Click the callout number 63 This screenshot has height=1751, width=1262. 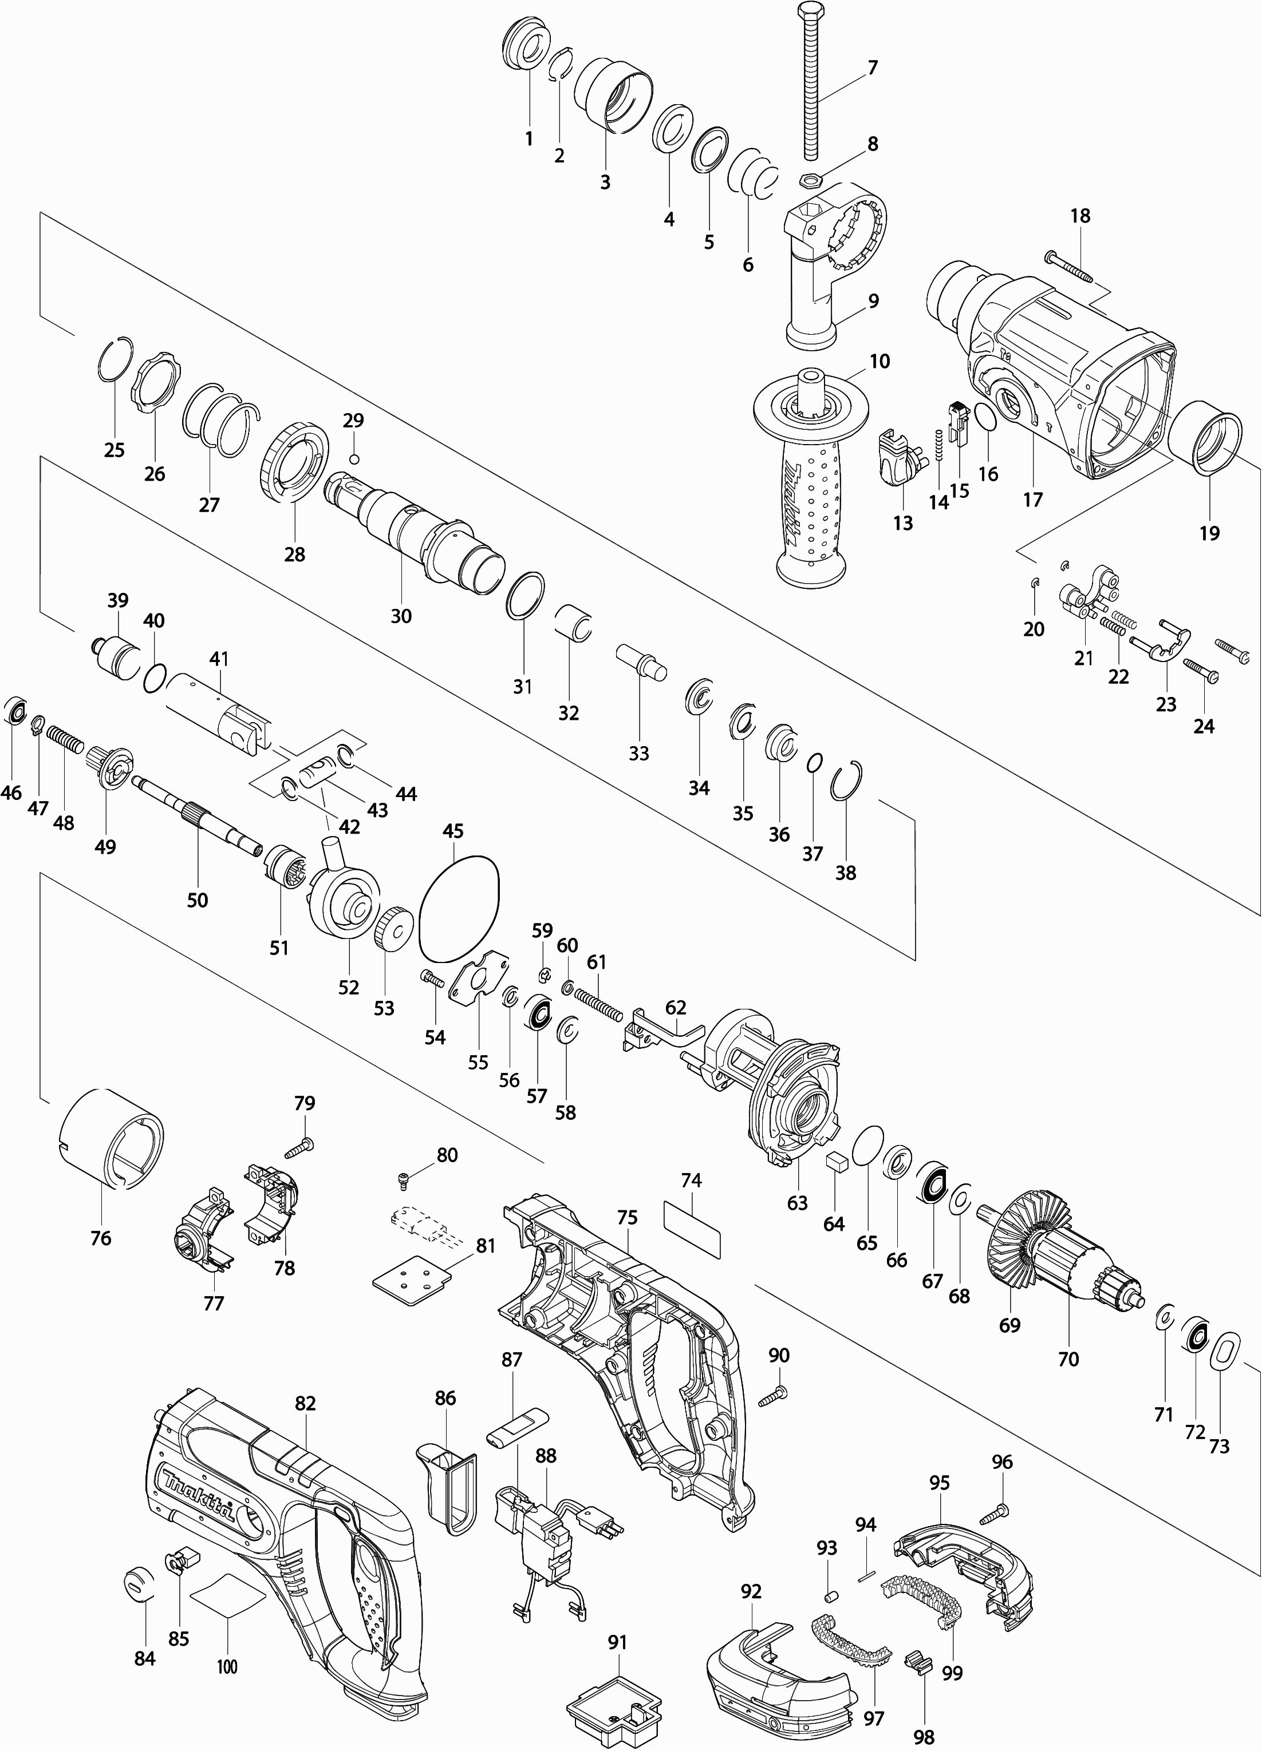point(797,1203)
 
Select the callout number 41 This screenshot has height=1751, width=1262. point(219,659)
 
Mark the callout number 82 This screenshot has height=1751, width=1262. point(306,1403)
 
